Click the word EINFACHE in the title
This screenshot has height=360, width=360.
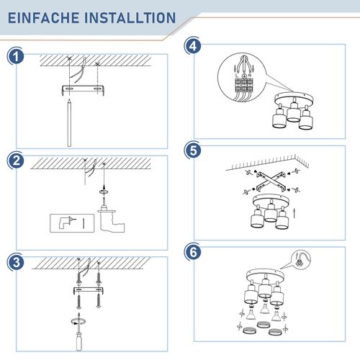click(44, 17)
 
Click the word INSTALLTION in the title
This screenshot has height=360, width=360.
click(130, 17)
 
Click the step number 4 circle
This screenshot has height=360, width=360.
click(192, 45)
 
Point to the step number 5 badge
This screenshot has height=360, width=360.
click(192, 150)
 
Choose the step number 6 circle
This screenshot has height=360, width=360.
click(192, 253)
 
